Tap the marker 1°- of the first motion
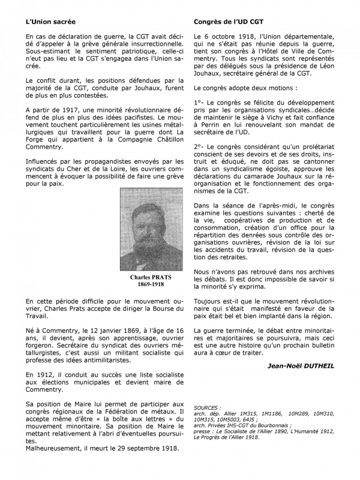point(201,103)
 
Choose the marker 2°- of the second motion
point(201,146)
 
